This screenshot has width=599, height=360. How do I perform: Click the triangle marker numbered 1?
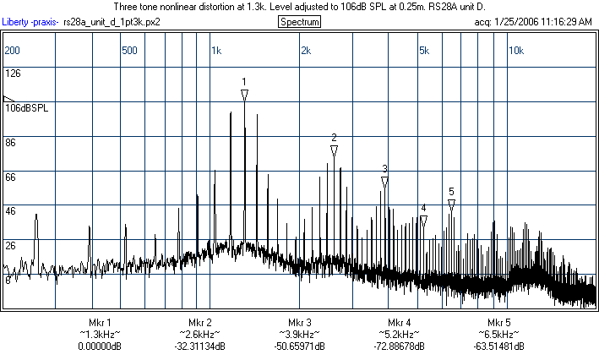pos(244,95)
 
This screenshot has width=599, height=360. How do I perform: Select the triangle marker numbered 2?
pos(334,150)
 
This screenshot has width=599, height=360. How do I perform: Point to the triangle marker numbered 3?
pos(384,182)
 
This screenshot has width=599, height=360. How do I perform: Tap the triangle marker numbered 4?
pos(423,221)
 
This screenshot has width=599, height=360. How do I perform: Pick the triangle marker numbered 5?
pos(452,205)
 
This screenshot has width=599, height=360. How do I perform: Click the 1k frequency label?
pos(216,51)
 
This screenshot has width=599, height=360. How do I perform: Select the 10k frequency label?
pos(515,51)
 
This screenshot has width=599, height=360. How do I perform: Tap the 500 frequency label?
pos(129,51)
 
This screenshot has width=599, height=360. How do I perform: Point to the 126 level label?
pos(13,74)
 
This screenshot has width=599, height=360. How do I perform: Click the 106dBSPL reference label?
pos(27,108)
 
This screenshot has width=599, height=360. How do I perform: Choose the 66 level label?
pos(11,177)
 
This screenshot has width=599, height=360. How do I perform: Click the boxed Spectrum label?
pos(299,21)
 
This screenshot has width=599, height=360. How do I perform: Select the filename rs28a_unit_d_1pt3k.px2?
pos(112,21)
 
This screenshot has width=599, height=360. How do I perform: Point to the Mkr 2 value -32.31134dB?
pos(200,346)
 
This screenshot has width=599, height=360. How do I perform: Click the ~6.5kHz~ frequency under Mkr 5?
pos(498,335)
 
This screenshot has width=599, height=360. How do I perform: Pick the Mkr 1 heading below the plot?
pos(100,323)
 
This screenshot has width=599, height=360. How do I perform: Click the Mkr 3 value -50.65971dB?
pos(300,346)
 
